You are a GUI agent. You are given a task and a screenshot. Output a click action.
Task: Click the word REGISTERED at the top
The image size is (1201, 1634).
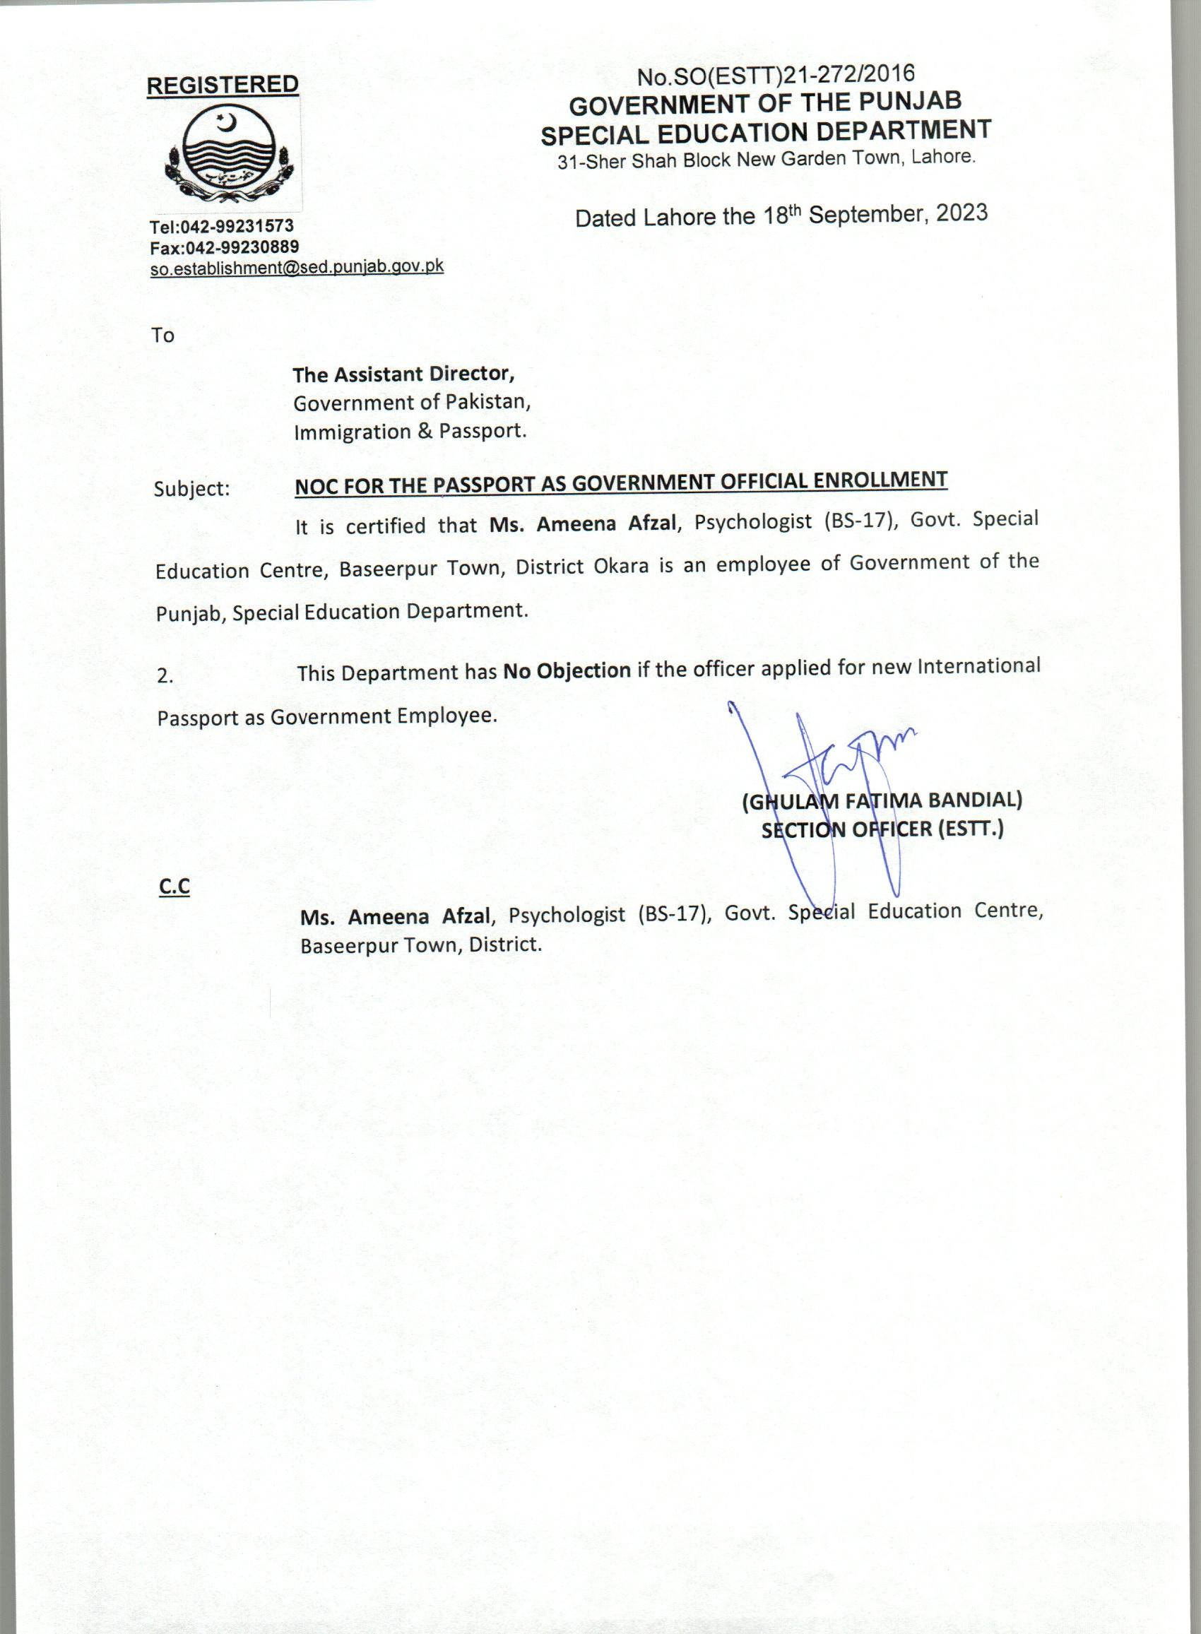click(x=223, y=85)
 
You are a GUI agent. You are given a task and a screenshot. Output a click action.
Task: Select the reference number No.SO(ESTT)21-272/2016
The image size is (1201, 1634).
click(x=775, y=74)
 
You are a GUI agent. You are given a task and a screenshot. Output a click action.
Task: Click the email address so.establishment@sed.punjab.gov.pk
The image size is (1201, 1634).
click(x=297, y=267)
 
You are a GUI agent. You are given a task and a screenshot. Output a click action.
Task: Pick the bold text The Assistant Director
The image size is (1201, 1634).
click(x=403, y=374)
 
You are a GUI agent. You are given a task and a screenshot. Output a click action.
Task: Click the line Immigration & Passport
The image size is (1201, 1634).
click(x=410, y=431)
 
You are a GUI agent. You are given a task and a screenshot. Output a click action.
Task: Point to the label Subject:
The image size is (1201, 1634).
click(x=191, y=488)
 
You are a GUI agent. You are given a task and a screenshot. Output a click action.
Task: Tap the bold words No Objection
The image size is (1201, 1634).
click(x=567, y=670)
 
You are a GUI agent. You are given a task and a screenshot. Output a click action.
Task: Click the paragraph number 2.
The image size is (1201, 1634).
click(x=165, y=676)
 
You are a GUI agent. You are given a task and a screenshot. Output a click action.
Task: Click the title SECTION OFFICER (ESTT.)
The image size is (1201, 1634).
click(x=882, y=829)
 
